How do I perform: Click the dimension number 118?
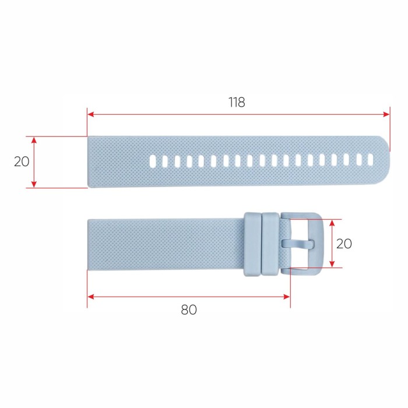(237, 102)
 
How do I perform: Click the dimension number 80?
(188, 309)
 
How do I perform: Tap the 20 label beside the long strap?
(22, 162)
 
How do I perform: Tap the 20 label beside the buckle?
(344, 244)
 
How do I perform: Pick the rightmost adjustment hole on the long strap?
(370, 159)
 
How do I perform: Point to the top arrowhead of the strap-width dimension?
(34, 140)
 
